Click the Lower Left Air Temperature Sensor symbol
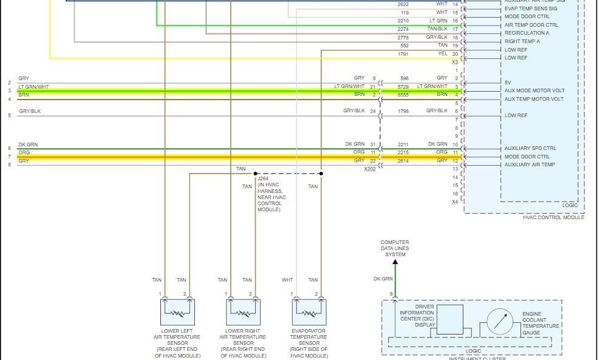[177, 312]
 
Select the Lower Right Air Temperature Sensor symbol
[242, 312]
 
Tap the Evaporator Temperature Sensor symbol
[308, 312]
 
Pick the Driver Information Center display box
[449, 319]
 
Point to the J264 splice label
[263, 179]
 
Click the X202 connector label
[369, 169]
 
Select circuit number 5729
[404, 87]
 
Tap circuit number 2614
[404, 161]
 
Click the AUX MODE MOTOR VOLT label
[534, 90]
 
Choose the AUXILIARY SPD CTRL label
[530, 148]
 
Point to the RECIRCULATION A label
[527, 33]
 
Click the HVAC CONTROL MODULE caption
[553, 217]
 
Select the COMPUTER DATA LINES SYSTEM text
[395, 248]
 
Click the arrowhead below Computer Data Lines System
[395, 262]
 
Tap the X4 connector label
[455, 202]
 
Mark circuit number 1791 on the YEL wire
[404, 54]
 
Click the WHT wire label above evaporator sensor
[287, 280]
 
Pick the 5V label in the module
[508, 82]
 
